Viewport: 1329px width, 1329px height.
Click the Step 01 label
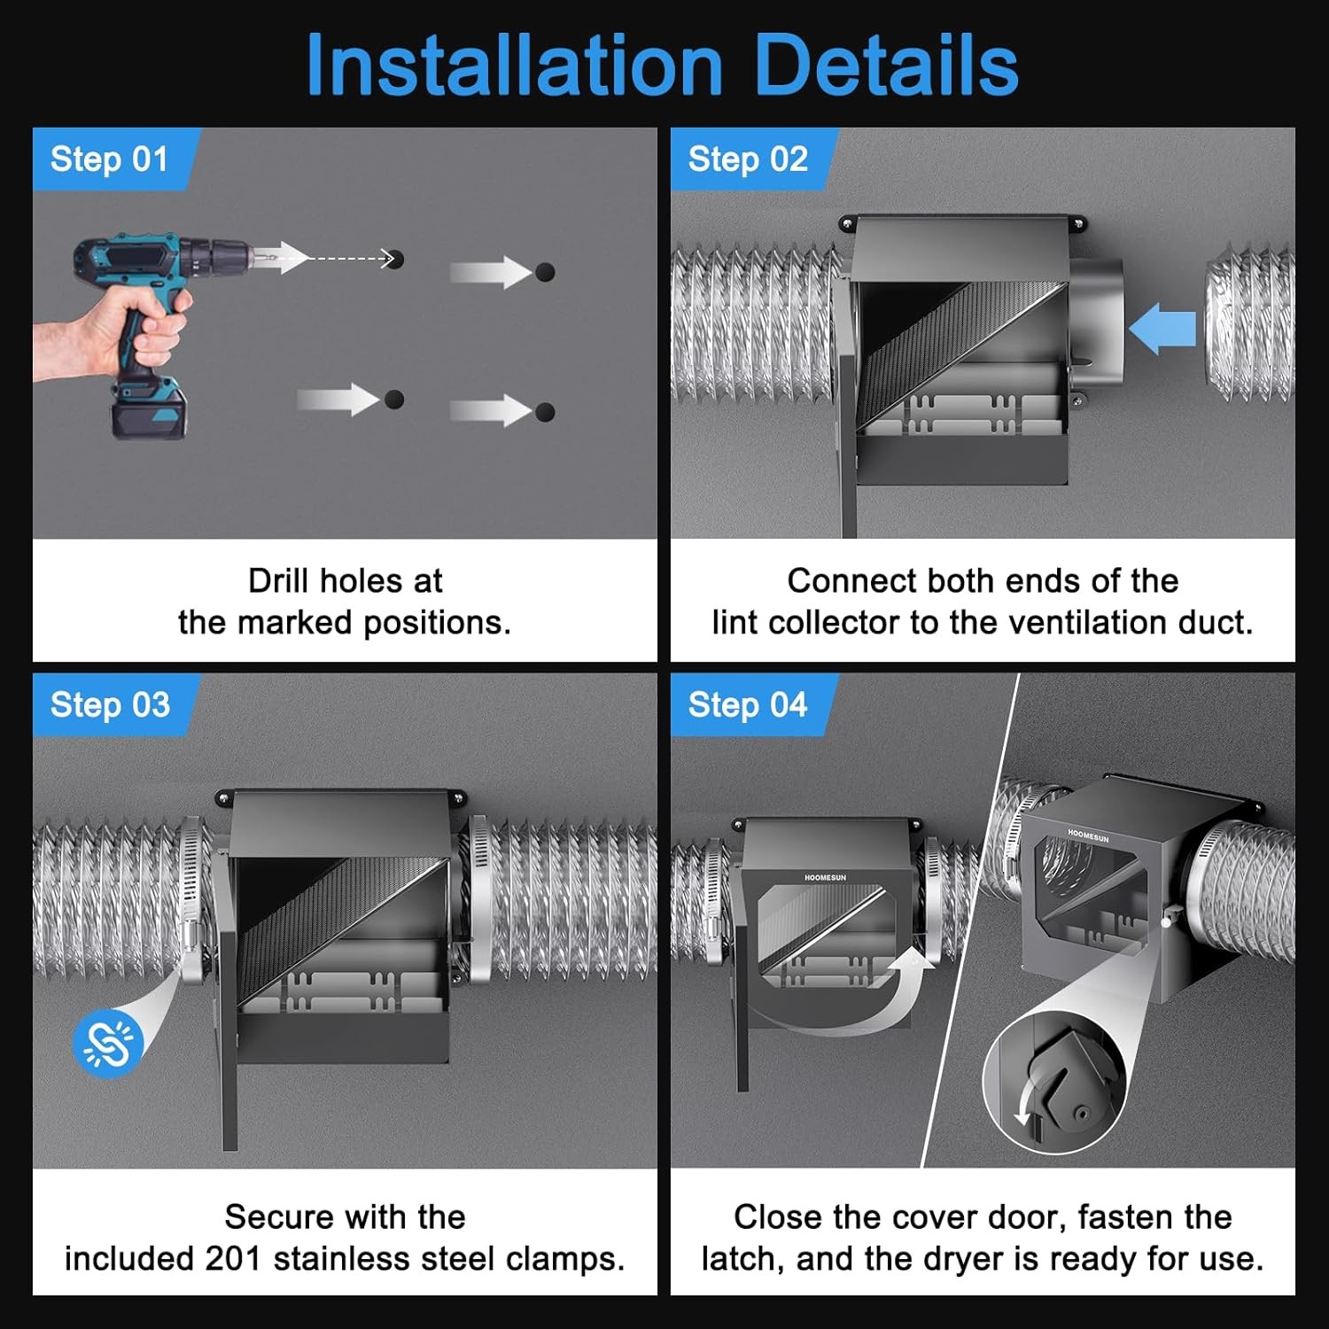coord(109,159)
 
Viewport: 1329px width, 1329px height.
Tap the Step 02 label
coord(748,159)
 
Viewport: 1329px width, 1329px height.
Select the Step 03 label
coord(110,705)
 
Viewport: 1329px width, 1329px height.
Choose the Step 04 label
coord(748,705)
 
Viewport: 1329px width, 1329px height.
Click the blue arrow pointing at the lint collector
coord(1162,328)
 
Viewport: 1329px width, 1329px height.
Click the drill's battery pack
coord(148,410)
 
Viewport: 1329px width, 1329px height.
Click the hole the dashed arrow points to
coord(395,259)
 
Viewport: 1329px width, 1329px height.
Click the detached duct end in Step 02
coord(1249,323)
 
